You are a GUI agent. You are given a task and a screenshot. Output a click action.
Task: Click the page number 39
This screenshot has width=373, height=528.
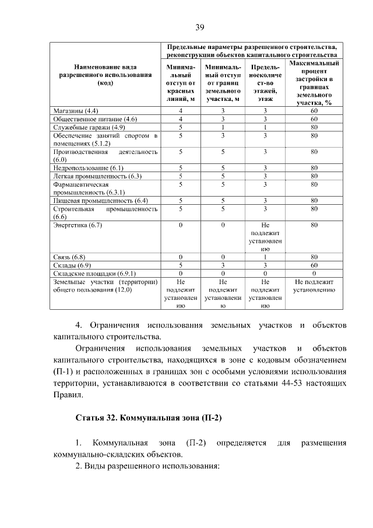coord(199,27)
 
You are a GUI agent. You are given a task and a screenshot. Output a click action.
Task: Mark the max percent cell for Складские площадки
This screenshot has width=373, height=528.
coord(314,272)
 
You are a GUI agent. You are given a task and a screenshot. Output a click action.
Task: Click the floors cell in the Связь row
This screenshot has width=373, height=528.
coord(265,256)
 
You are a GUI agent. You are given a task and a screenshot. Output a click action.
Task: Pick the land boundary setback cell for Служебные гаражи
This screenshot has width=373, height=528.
coord(223,127)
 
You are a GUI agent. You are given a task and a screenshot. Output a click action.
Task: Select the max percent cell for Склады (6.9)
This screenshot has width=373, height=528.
coord(314,264)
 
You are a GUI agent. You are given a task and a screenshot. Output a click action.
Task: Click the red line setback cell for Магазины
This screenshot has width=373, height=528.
coord(181,110)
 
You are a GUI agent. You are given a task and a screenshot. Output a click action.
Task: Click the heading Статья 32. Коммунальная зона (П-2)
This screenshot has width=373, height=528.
coord(150,419)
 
